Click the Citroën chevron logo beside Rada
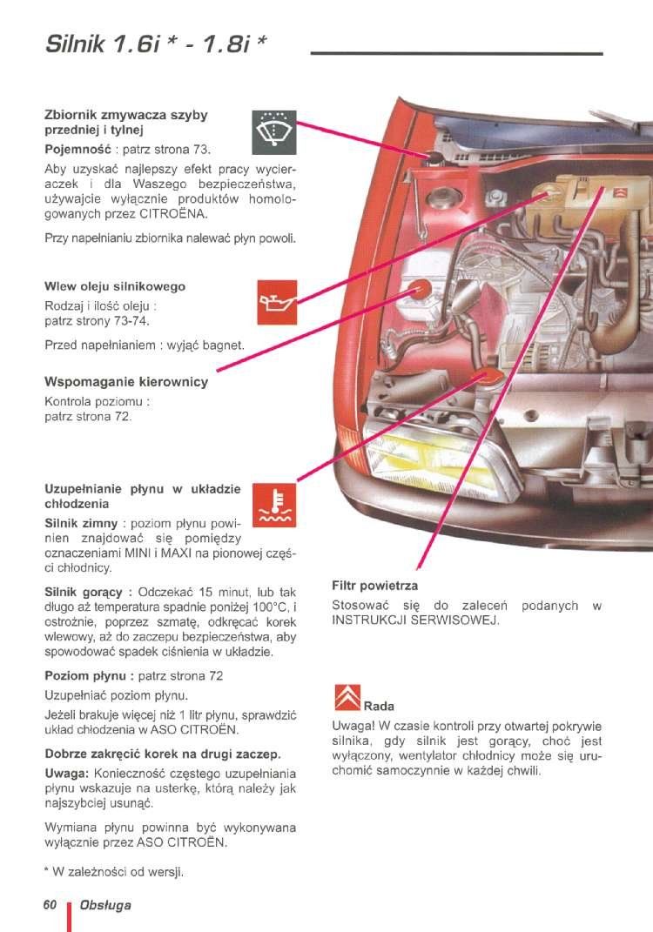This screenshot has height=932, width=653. (347, 699)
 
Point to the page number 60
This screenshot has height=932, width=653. (50, 905)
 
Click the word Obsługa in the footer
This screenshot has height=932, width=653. (104, 905)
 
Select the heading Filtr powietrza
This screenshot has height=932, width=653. (375, 586)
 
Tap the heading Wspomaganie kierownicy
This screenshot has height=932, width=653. (126, 381)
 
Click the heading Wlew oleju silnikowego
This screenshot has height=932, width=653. (115, 286)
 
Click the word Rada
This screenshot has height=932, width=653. (379, 706)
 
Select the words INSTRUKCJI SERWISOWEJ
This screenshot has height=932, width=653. (414, 621)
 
